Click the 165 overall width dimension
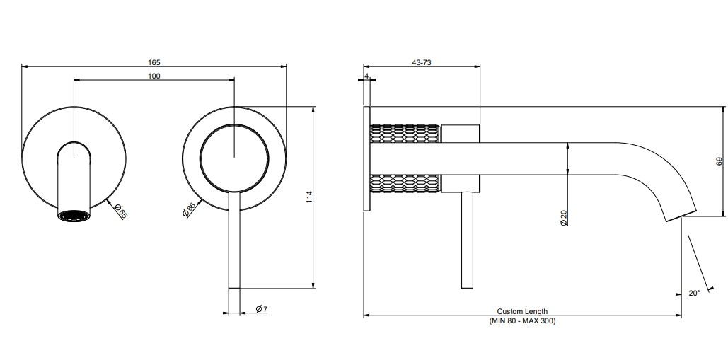tap(154, 62)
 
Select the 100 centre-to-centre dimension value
tap(154, 76)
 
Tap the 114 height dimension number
tap(310, 197)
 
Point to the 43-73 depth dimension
tap(421, 62)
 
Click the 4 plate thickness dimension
tap(366, 76)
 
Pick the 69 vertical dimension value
tap(720, 161)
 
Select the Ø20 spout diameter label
tap(564, 218)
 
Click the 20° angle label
tap(693, 294)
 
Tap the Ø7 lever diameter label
tap(261, 309)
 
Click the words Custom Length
tap(522, 312)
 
